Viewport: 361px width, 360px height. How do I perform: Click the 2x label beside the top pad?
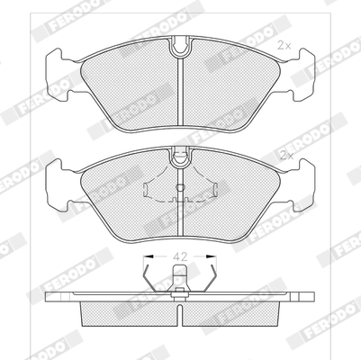coord(284,46)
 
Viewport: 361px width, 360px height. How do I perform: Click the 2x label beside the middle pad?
coord(286,156)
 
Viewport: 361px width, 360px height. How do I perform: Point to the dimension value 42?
coord(180,256)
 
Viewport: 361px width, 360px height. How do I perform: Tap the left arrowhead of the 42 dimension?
coord(149,256)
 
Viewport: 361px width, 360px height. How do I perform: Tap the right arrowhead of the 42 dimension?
coord(212,256)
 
